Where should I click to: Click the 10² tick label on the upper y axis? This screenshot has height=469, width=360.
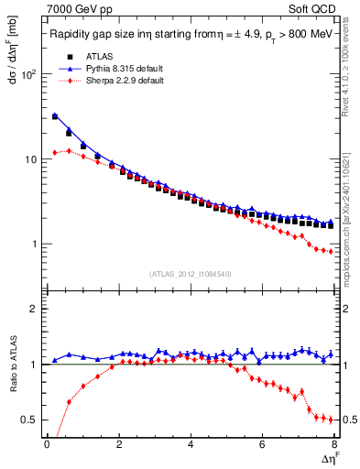(28, 75)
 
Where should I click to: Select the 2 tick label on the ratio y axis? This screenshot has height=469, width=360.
(33, 310)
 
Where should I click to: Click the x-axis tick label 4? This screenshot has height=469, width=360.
(191, 445)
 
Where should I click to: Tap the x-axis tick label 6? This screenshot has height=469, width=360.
(262, 445)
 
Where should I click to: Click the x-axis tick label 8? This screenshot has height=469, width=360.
(333, 445)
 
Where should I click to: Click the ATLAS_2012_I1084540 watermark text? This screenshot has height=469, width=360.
(190, 274)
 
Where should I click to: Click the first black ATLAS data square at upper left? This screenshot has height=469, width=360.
(55, 117)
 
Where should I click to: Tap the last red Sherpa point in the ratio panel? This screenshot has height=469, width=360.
(331, 420)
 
